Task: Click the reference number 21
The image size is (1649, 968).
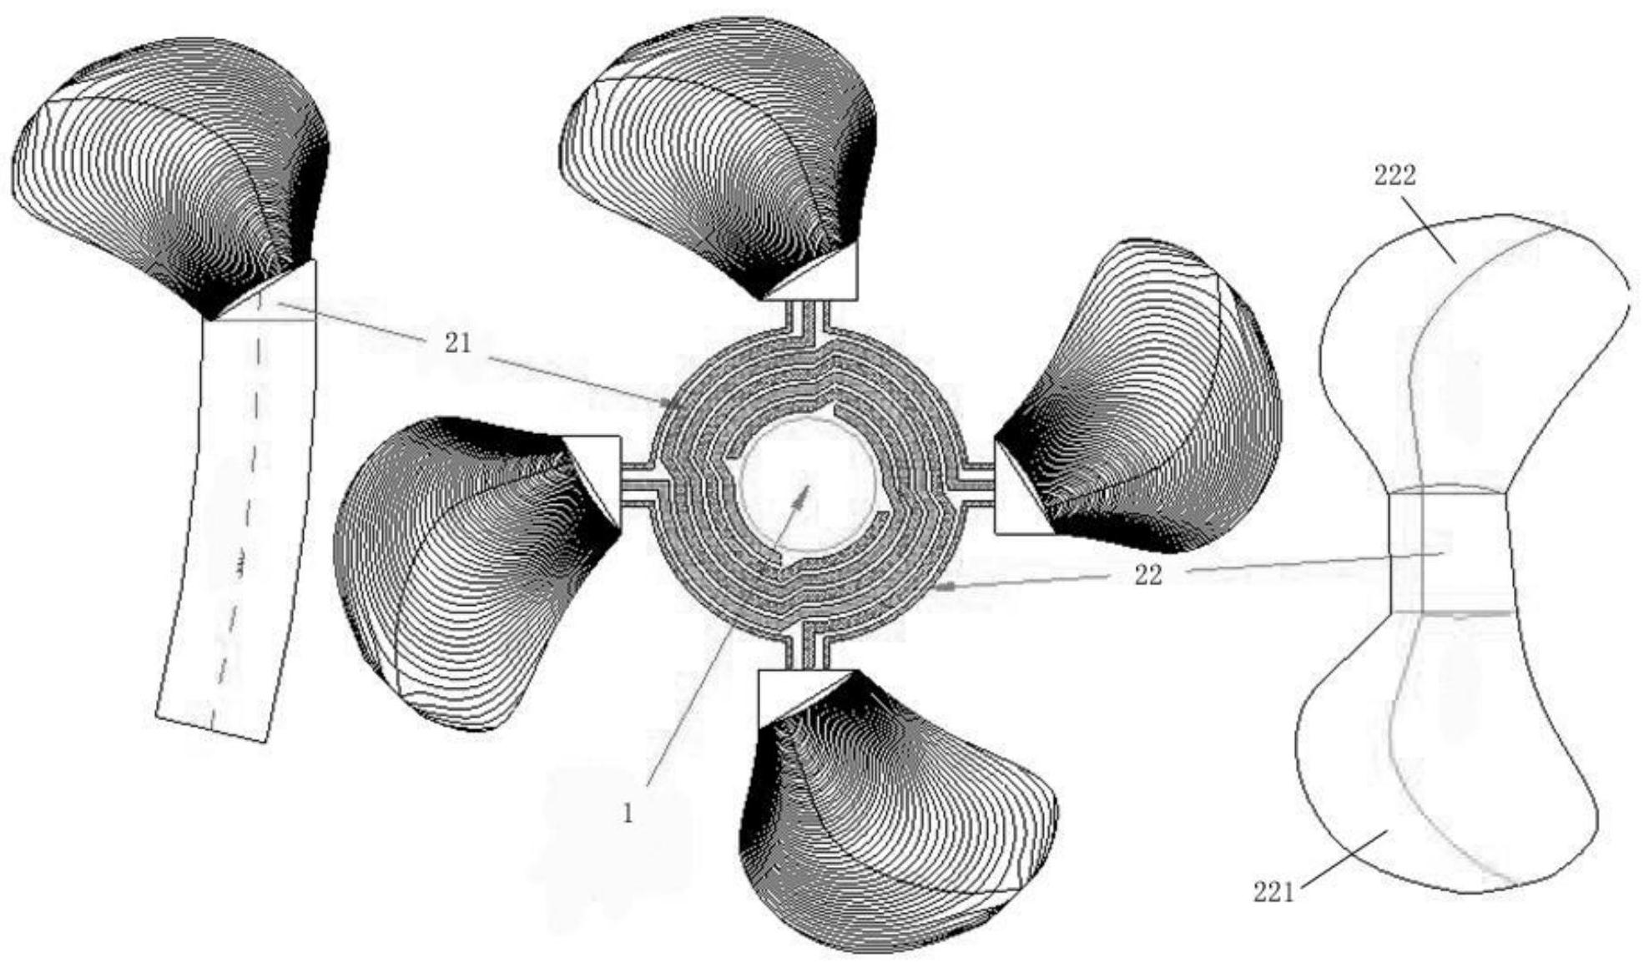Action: coord(457,343)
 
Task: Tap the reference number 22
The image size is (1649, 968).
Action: coord(1148,575)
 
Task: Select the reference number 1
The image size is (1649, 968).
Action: coord(628,814)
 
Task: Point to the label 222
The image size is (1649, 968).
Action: coord(1394,175)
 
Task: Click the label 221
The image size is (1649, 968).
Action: coord(1273,892)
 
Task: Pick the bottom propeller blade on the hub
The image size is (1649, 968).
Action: coord(897,809)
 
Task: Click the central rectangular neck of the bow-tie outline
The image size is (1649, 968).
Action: coord(1450,550)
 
